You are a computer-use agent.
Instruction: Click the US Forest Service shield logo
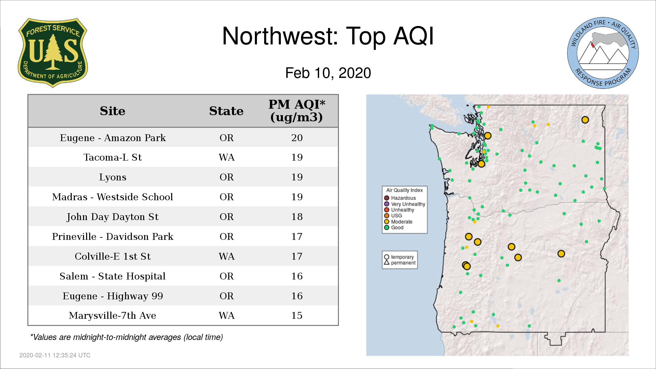coord(53,53)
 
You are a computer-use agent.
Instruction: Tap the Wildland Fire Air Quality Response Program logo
coord(603,53)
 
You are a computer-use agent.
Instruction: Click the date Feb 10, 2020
coord(328,73)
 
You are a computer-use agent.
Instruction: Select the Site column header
coord(112,111)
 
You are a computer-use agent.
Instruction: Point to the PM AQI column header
coord(297,111)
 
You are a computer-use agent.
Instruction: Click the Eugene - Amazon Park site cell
coord(113,138)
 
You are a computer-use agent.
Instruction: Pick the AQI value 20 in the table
coord(297,138)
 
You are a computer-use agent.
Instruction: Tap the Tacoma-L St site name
coord(113,157)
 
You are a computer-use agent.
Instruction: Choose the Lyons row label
coord(113,177)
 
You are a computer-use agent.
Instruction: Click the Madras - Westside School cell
coord(113,197)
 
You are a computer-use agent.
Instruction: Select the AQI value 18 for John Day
coord(297,217)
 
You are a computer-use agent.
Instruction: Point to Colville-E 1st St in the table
coord(113,256)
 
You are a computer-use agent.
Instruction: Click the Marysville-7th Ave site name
coord(113,315)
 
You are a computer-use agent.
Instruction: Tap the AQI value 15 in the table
coord(297,315)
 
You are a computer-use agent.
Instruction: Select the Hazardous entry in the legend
coord(400,198)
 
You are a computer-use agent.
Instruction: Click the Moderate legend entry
coord(398,222)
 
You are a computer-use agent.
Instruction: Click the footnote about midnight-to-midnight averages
coord(126,337)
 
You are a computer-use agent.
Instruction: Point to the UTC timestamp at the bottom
coord(55,355)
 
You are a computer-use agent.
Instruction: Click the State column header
coord(226,111)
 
